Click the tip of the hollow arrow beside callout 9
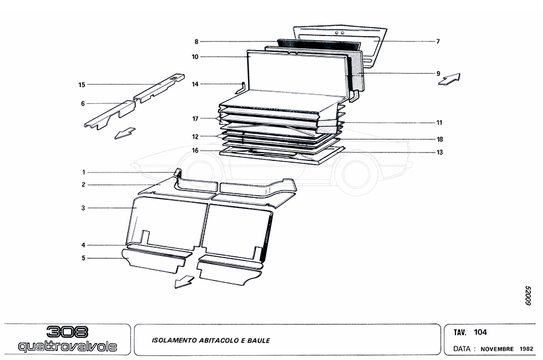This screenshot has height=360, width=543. click(x=460, y=74)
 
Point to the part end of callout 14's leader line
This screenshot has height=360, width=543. click(x=243, y=84)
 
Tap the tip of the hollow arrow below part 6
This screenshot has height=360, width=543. click(x=115, y=139)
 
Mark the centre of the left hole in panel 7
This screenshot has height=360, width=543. click(x=336, y=33)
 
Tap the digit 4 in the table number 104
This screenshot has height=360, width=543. click(x=484, y=332)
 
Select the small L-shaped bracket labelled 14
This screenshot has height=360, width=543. click(x=240, y=88)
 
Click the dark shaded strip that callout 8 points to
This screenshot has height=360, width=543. click(x=319, y=44)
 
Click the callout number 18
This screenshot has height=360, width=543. click(x=440, y=139)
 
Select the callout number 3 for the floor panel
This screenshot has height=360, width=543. click(x=83, y=208)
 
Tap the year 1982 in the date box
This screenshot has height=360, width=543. click(x=526, y=349)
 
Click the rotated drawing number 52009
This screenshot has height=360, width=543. click(x=528, y=295)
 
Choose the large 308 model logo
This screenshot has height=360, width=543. click(x=67, y=332)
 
